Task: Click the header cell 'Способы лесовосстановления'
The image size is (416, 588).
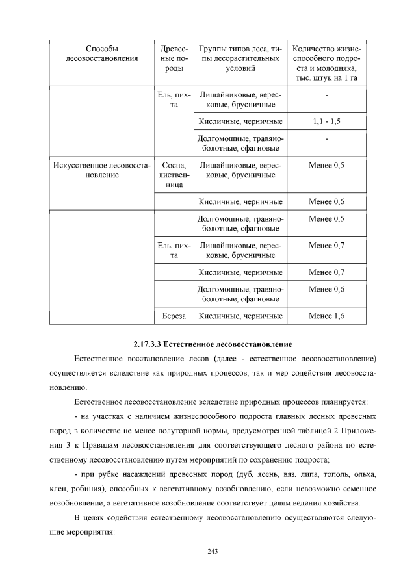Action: coord(102,54)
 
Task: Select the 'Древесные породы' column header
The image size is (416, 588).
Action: coord(174,58)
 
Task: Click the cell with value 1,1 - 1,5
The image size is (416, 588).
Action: coord(326,121)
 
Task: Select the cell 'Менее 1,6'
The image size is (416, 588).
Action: coord(326,316)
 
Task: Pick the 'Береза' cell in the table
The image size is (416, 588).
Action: coord(174,316)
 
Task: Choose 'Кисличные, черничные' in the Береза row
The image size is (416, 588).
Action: coord(240,316)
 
